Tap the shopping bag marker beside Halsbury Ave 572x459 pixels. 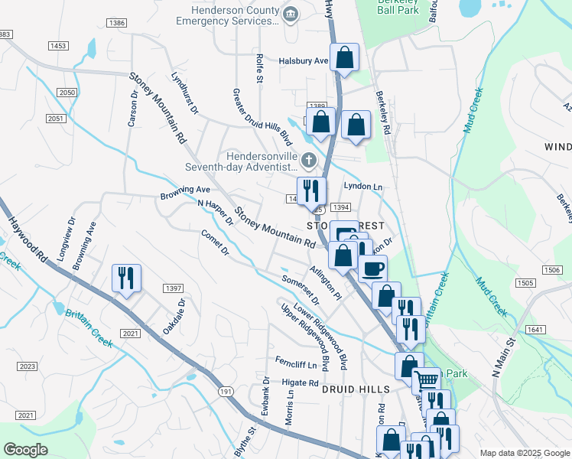(345, 57)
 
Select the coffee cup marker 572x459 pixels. (372, 269)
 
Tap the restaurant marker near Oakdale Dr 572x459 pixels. (126, 278)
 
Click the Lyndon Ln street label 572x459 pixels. (362, 187)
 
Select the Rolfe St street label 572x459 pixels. (259, 68)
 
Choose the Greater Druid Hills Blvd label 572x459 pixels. (262, 116)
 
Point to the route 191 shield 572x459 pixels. (226, 391)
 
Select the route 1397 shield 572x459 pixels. (173, 288)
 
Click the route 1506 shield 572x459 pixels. (549, 270)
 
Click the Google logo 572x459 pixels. (26, 450)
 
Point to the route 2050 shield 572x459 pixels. (67, 92)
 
